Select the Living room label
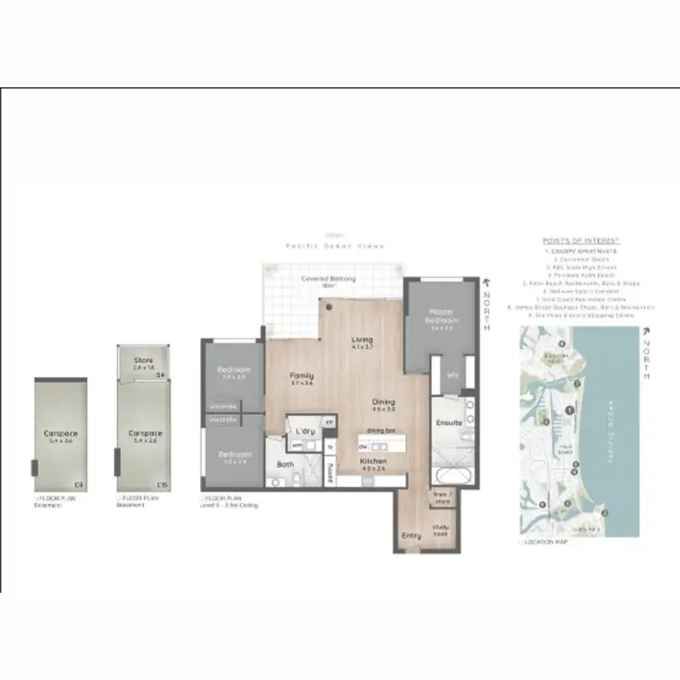point(363,340)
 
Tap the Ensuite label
point(449,423)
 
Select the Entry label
point(411,536)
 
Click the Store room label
point(143,360)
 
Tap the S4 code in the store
point(160,374)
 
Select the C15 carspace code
point(161,485)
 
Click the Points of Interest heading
point(579,240)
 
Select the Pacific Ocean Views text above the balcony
point(335,246)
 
